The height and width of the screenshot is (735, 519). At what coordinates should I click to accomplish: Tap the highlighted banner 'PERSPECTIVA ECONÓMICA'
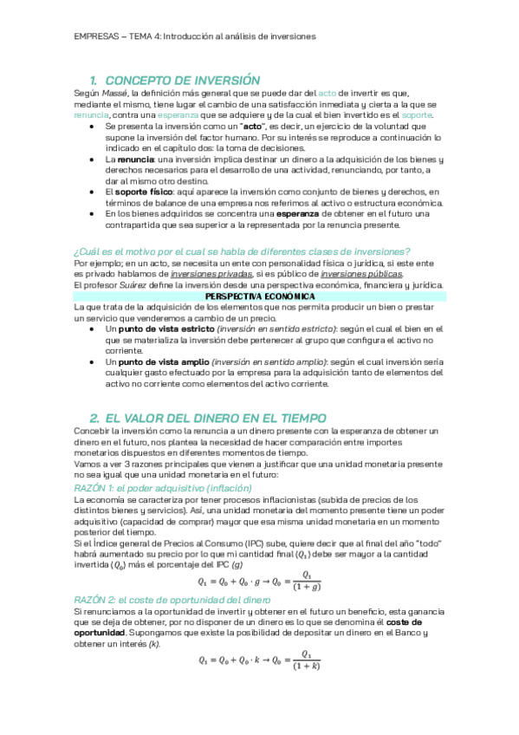tap(259, 296)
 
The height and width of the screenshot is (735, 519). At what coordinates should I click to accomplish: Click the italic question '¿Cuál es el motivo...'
tap(243, 251)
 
